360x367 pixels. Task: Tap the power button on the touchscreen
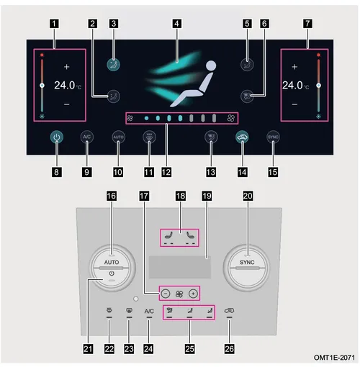tap(57, 137)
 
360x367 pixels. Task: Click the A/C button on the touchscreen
tap(86, 137)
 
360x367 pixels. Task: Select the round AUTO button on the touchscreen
tap(118, 137)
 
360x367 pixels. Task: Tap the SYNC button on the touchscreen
tap(273, 137)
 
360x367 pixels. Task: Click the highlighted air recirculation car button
tap(242, 137)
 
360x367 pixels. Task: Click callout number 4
tap(176, 24)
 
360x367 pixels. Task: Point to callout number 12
tap(166, 172)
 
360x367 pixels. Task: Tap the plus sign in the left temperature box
tap(67, 67)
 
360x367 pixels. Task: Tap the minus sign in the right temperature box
tap(294, 104)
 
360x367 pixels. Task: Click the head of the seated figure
tap(211, 65)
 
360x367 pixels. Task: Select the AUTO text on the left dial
tap(112, 262)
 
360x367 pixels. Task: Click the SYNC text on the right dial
tap(247, 262)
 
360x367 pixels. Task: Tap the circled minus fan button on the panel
tap(166, 294)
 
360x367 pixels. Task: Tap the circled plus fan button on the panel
tap(193, 294)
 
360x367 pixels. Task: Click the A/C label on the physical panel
tap(149, 311)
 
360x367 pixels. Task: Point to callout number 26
tap(229, 349)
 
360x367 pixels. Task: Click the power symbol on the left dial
tap(112, 273)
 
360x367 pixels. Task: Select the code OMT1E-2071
tap(334, 358)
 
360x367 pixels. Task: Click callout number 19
tap(207, 196)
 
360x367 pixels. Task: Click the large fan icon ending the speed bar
tap(230, 118)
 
